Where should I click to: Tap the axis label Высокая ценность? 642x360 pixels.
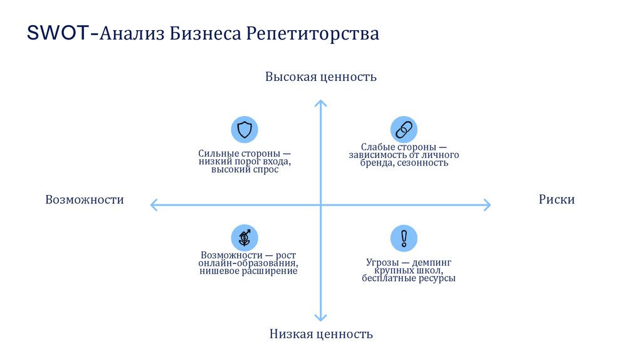320,77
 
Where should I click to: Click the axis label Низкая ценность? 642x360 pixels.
321,334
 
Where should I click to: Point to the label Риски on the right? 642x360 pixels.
556,199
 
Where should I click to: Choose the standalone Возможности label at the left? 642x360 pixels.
85,199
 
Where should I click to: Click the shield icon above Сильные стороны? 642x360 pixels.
245,129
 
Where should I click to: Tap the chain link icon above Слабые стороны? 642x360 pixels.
404,129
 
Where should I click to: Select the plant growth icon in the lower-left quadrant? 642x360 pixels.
245,238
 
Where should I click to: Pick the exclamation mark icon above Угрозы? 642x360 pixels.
404,238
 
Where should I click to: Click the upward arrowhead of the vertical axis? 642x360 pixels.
320,102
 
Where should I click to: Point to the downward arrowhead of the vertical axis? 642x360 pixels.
320,318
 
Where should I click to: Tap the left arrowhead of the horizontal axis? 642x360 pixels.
152,204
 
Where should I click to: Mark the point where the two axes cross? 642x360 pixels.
320,204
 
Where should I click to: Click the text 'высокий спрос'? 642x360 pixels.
245,170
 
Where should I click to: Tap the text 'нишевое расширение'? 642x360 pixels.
248,272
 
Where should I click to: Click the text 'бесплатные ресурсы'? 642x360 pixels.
408,278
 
